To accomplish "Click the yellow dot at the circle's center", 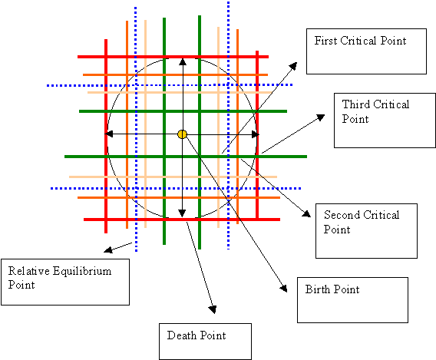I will tap(182, 134).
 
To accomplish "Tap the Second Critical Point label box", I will tap(367, 230).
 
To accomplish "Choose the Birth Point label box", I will tap(351, 299).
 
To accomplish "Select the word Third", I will tap(355, 104).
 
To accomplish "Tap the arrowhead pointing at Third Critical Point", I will tap(323, 116).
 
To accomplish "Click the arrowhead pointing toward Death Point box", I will tap(213, 309).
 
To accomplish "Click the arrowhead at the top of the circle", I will tap(182, 61).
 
